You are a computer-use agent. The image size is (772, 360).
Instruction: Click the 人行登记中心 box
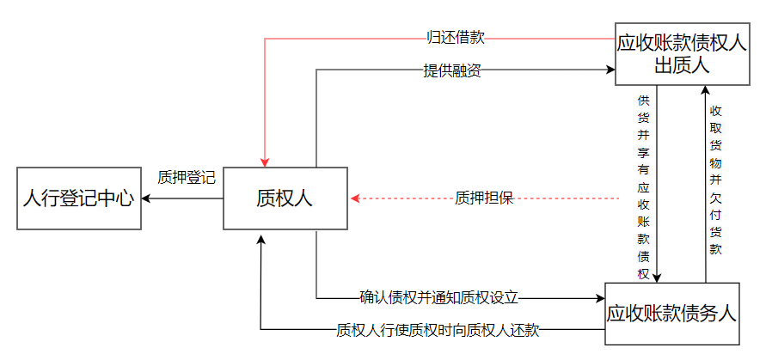(x=78, y=198)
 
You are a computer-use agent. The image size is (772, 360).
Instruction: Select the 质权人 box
(x=285, y=198)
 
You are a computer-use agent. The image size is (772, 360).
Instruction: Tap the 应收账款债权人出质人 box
(x=683, y=53)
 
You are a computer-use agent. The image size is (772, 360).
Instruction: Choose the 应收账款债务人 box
(x=671, y=314)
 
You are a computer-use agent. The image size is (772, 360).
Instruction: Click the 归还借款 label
(x=456, y=38)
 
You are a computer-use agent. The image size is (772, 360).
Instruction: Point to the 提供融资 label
(x=452, y=71)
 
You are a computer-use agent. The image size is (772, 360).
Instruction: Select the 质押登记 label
(x=186, y=177)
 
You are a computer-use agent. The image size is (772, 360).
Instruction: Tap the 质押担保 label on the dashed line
(x=484, y=198)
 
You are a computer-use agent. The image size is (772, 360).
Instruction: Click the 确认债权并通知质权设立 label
(x=439, y=298)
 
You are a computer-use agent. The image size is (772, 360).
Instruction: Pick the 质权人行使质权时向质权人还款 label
(x=438, y=329)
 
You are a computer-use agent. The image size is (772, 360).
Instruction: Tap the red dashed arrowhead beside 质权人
(x=355, y=198)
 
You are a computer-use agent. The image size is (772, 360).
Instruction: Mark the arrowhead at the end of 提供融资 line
(x=609, y=71)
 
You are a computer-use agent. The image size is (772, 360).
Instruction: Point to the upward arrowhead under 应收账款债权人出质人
(x=705, y=90)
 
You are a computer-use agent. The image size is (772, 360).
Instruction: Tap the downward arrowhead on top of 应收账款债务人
(x=658, y=277)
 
